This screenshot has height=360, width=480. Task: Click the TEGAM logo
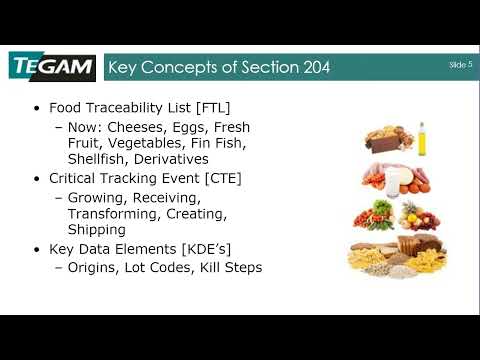[x=51, y=67]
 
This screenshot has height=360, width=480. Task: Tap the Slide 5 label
[x=460, y=64]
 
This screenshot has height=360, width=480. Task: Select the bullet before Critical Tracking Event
[x=38, y=178]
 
